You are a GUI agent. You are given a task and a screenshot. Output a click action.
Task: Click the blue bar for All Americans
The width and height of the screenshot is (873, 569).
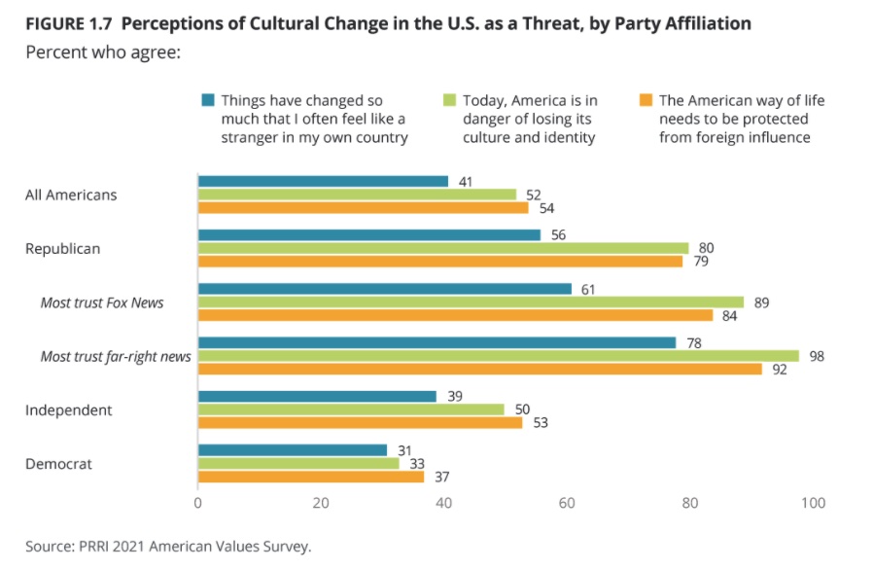coord(323,181)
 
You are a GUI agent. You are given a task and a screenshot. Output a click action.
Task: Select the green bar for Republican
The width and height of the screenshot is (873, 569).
coord(442,248)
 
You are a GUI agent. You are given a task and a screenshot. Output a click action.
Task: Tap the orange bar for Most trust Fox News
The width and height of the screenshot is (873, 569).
coord(455,315)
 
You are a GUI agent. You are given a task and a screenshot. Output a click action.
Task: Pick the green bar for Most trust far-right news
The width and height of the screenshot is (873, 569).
coord(498,356)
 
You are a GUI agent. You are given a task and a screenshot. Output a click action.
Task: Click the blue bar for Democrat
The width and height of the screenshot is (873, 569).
coord(293,449)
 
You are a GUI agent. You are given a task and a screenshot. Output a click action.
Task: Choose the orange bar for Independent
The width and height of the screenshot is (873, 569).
coord(360,422)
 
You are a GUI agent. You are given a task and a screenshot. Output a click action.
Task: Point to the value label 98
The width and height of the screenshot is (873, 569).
coord(817,356)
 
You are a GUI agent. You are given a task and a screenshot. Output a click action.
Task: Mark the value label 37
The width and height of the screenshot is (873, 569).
coord(441,477)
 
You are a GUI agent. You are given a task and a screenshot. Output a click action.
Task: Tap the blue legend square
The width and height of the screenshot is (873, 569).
coord(208,100)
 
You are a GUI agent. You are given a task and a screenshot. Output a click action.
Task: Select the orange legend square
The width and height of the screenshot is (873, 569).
coord(646,100)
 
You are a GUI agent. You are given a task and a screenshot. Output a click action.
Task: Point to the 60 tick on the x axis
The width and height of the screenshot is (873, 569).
coord(567,504)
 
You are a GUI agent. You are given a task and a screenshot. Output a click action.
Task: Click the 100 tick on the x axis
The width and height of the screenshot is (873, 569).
coord(813,504)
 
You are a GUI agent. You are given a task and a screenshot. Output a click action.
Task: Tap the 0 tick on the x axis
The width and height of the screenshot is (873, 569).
coord(198,504)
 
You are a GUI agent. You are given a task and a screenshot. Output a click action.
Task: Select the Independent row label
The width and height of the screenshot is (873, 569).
coord(70,409)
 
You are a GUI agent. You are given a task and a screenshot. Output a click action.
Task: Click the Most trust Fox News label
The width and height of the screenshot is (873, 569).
coord(102,302)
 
